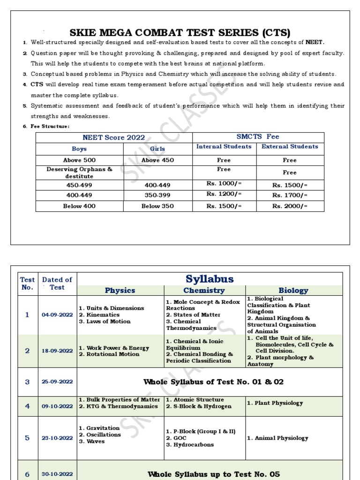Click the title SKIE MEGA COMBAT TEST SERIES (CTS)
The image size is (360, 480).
[180, 32]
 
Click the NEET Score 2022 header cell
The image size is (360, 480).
[113, 137]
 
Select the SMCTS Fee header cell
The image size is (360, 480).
[258, 137]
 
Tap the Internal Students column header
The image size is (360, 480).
[224, 147]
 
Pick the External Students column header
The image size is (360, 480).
[290, 147]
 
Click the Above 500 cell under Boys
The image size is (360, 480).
[79, 160]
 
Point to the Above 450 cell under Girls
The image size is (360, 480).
[157, 160]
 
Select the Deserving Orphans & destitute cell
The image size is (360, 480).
[79, 172]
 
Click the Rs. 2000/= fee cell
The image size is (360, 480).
[290, 206]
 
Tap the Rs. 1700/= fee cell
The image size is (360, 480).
[290, 195]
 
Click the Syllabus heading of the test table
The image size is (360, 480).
[210, 279]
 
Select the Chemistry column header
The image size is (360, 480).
[204, 291]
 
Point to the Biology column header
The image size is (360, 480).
[293, 291]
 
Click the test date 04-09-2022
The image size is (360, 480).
[57, 315]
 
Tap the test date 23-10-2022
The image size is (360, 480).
[57, 438]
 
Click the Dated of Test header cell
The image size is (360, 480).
[57, 284]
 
